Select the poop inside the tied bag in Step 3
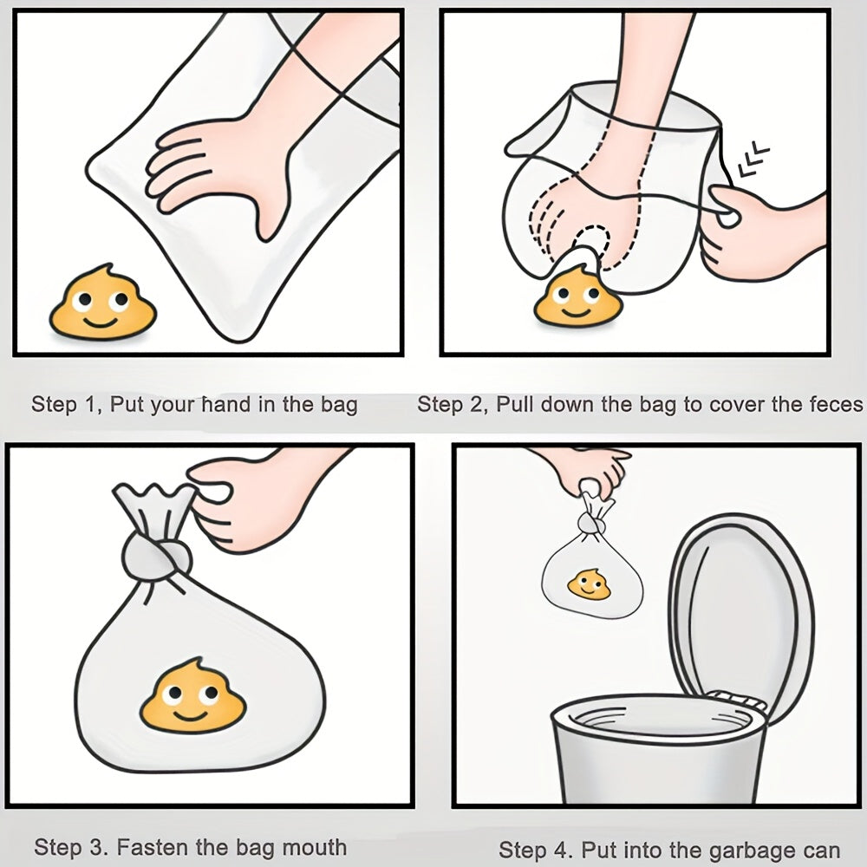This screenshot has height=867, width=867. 193,696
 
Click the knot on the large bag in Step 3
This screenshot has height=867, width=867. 156,557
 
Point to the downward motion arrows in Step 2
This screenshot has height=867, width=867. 754,160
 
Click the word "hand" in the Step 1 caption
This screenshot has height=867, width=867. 226,404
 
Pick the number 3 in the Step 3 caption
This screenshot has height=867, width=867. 94,847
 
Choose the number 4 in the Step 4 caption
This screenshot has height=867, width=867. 558,850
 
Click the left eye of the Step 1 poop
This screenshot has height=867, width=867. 85,300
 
